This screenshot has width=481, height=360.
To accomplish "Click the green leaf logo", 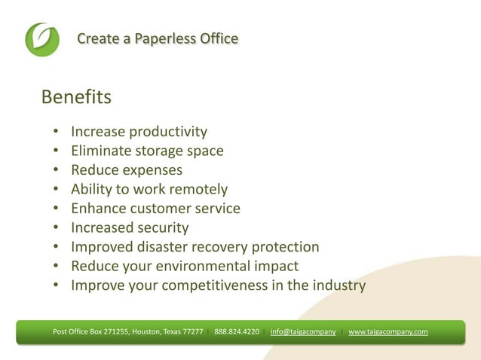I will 41,39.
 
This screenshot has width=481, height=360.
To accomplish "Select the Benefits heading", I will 76,98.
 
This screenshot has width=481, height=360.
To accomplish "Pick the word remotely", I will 195,189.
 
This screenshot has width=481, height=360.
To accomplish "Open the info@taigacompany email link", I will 303,331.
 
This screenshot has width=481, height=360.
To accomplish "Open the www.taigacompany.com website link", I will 388,331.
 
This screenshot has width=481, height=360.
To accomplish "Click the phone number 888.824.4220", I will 237,331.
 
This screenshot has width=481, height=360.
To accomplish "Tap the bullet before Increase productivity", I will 57,133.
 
